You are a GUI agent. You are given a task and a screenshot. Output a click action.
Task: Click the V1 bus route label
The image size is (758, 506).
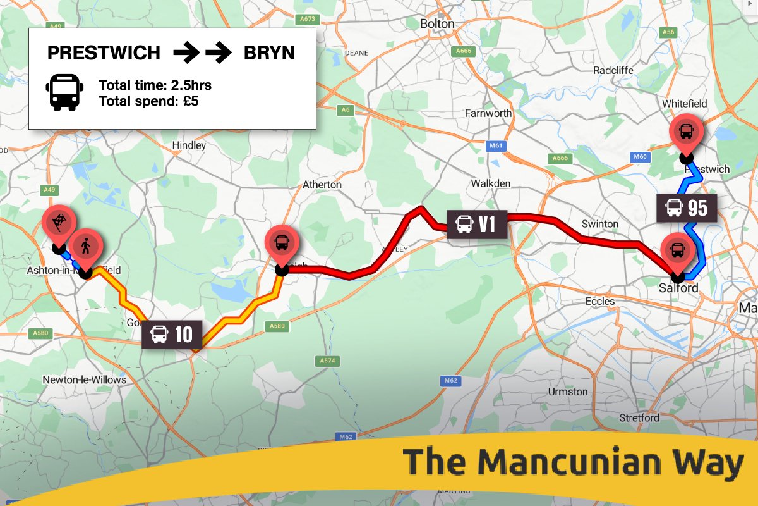[x=477, y=224]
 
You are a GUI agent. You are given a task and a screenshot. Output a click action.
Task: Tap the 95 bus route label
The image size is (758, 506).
[x=687, y=207]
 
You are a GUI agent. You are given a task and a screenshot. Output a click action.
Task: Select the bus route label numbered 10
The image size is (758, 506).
[x=172, y=334]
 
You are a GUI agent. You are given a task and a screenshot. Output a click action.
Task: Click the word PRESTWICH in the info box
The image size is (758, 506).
[x=104, y=53]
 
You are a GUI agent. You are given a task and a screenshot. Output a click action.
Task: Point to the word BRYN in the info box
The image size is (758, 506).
[x=269, y=53]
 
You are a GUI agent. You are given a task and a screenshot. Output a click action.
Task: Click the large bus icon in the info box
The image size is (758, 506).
[x=64, y=92]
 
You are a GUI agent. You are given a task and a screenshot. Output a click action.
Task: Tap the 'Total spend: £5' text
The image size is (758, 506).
[x=148, y=101]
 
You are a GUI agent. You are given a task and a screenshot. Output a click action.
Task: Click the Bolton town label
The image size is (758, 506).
[x=437, y=23]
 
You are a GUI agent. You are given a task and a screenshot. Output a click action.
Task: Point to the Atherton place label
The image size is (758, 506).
[x=322, y=185]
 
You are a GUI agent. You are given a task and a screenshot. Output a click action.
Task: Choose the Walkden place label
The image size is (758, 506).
[x=491, y=183]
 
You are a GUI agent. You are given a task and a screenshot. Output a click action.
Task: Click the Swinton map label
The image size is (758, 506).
[x=599, y=224]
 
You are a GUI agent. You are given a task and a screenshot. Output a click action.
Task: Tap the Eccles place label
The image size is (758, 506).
[x=600, y=301]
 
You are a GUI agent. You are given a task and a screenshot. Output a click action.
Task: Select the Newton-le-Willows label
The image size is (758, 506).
[x=84, y=379]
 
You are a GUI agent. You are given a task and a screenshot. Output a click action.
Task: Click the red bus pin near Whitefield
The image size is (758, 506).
[x=685, y=132]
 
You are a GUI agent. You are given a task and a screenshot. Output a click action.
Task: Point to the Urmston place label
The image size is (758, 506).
[x=568, y=392]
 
